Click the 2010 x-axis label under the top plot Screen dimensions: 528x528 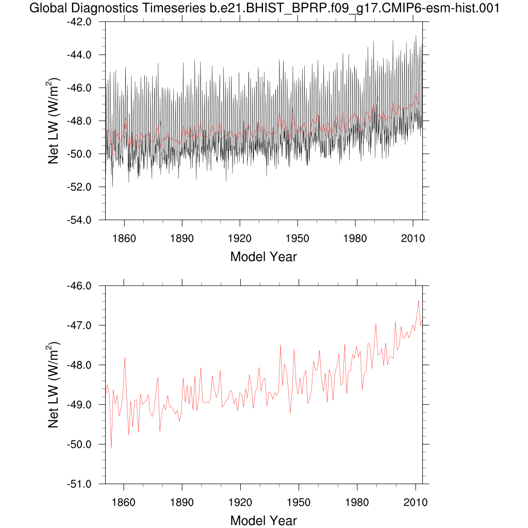413,238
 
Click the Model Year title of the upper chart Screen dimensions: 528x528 263,256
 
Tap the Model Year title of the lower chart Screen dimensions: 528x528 263,520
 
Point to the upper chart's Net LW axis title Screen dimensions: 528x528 54,121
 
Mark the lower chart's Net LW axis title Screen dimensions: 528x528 54,385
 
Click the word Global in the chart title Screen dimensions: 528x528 47,8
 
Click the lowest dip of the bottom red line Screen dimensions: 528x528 111,448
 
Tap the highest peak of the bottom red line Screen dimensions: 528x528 419,301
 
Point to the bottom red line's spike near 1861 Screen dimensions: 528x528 125,357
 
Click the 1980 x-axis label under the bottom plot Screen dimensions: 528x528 355,502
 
